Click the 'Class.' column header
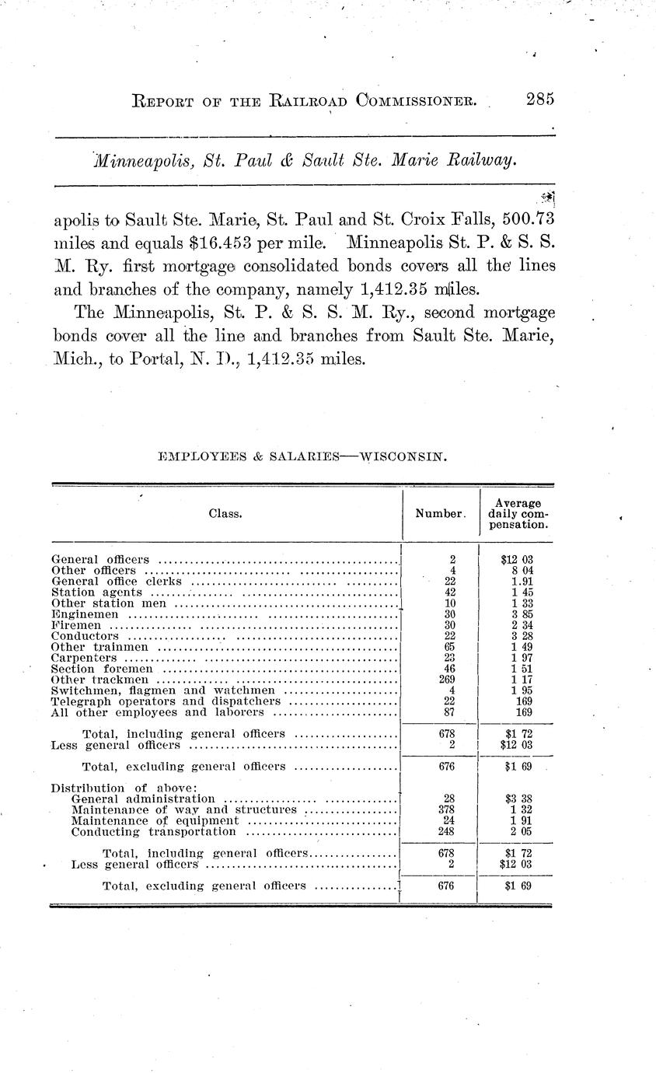[225, 514]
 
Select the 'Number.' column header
[441, 514]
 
